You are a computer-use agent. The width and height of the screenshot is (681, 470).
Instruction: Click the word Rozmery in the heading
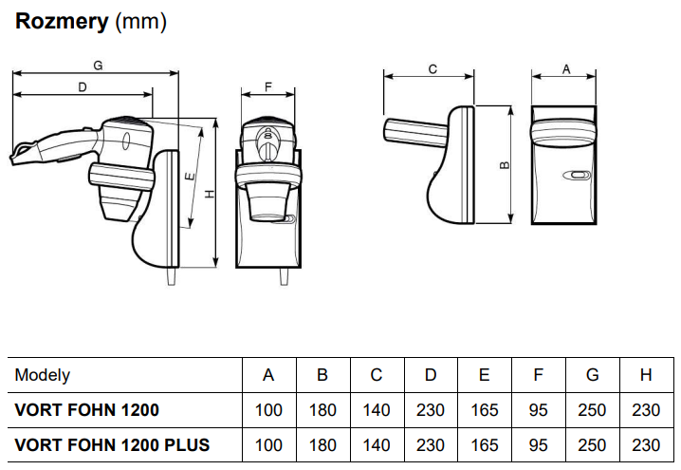[62, 22]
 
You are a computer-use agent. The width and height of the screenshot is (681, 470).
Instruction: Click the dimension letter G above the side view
[98, 66]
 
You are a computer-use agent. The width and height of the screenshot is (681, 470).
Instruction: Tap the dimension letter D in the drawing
[83, 86]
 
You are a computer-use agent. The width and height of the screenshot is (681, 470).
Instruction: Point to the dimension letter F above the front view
[268, 87]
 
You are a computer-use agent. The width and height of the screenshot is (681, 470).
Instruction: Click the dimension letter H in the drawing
[211, 193]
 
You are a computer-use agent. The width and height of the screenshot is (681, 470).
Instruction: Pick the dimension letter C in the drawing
[432, 68]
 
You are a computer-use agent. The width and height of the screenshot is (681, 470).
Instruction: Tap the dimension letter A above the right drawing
[566, 68]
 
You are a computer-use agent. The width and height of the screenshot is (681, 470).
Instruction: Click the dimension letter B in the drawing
[505, 164]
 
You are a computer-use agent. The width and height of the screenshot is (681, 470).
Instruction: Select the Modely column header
[43, 375]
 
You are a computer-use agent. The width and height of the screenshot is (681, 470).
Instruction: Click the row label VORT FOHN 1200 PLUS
[112, 444]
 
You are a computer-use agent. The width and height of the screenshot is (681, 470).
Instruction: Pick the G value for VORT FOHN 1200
[593, 410]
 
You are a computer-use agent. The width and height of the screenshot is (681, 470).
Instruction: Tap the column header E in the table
[485, 375]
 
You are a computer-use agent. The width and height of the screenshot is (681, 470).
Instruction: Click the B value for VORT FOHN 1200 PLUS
[322, 444]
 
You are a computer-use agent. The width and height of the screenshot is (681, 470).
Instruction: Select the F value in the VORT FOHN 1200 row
[539, 410]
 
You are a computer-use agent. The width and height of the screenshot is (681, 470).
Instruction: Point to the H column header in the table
[647, 375]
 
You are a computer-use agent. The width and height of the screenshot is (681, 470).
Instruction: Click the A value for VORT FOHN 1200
[268, 410]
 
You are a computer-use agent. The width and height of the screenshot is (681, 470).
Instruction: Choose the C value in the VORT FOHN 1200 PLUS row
[377, 444]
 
